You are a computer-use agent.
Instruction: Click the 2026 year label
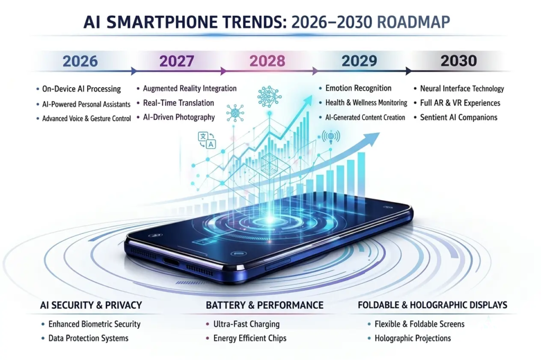coord(80,61)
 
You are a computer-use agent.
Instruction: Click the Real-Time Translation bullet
coord(179,103)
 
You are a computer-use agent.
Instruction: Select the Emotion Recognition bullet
coord(358,88)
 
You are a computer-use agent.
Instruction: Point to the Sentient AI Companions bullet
coord(459,117)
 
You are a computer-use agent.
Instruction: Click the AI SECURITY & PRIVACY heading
coord(90,305)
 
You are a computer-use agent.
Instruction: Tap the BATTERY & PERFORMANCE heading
coord(264,305)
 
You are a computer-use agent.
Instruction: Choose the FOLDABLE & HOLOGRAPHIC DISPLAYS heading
coord(432,305)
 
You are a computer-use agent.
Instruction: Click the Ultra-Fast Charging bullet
coord(246,324)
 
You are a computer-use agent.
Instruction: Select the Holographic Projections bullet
coord(413,338)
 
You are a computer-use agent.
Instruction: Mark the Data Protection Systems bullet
coord(88,338)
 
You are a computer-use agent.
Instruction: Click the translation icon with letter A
coord(207,140)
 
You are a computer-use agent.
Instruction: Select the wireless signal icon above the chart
coord(331,137)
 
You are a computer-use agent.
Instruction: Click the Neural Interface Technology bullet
coord(462,89)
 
